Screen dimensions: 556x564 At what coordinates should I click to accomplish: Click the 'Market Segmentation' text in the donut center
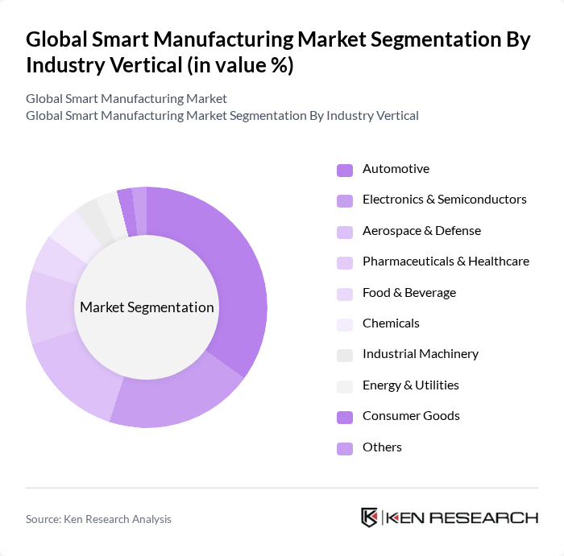point(147,307)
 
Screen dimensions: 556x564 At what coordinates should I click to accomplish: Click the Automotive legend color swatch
point(344,170)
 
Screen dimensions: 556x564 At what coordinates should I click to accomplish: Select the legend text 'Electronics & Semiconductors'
point(444,200)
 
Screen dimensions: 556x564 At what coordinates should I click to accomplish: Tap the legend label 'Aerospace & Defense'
point(421,231)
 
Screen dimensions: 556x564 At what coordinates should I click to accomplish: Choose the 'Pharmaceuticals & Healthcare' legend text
point(446,262)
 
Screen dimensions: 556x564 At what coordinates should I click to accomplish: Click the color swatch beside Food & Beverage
point(344,294)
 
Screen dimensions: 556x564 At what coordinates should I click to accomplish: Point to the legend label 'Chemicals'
point(391,323)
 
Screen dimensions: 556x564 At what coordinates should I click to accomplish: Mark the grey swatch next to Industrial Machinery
point(344,355)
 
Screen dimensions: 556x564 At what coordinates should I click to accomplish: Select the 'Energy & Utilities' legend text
point(410,385)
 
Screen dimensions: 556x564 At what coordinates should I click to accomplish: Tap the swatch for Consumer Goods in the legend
point(344,417)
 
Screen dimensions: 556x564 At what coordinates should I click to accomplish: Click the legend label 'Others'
point(382,447)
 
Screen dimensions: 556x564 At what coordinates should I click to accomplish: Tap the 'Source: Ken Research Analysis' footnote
point(98,520)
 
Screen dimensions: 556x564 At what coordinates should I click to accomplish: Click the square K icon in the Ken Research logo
point(369,517)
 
